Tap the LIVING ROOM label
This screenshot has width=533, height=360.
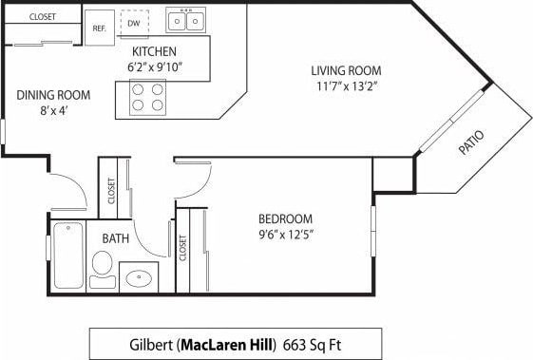pyautogui.click(x=346, y=70)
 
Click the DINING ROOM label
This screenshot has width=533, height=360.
pyautogui.click(x=53, y=94)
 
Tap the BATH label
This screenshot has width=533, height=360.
pyautogui.click(x=116, y=238)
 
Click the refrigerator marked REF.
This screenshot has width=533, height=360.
pyautogui.click(x=99, y=28)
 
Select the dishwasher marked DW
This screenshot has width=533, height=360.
pyautogui.click(x=134, y=22)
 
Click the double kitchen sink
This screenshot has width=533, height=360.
pyautogui.click(x=186, y=20)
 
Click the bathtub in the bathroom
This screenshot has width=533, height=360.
pyautogui.click(x=67, y=255)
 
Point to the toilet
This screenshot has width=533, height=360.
pyautogui.click(x=103, y=267)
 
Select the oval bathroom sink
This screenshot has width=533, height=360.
pyautogui.click(x=139, y=278)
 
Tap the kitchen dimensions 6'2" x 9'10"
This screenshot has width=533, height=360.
pyautogui.click(x=155, y=67)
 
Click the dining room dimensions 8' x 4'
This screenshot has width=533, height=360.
pyautogui.click(x=53, y=110)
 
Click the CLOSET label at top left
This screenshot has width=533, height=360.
pyautogui.click(x=43, y=17)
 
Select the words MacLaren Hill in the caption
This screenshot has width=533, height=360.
pyautogui.click(x=228, y=343)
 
